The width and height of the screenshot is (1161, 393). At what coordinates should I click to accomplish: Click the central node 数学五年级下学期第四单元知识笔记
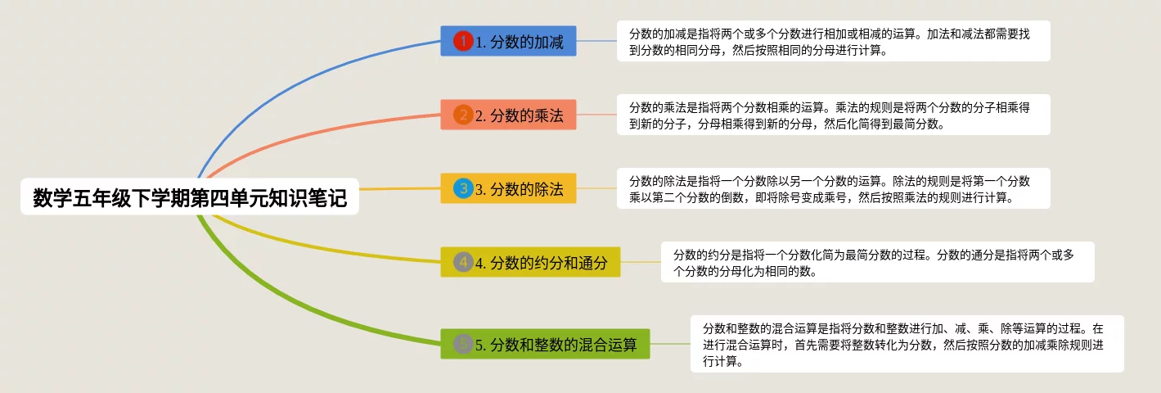click(190, 196)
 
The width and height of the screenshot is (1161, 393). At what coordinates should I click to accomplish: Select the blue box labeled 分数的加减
click(508, 41)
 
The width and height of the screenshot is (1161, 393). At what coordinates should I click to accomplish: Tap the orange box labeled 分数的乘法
click(508, 115)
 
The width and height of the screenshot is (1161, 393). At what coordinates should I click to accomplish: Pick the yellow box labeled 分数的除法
click(508, 188)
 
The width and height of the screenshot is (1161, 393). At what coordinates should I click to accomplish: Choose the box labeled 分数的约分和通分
click(530, 262)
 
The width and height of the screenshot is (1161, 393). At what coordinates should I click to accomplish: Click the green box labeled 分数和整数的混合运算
click(545, 344)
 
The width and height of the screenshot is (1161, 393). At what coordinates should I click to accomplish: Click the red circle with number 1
click(463, 41)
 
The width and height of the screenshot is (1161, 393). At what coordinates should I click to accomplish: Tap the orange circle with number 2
click(463, 115)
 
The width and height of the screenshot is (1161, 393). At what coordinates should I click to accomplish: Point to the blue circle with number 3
click(463, 188)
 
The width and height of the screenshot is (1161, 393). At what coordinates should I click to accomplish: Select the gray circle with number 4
click(463, 262)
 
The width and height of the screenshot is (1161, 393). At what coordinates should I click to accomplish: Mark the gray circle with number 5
click(463, 344)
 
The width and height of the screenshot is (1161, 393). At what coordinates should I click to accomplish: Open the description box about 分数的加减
click(834, 41)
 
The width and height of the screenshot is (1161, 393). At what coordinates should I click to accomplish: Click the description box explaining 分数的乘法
click(834, 115)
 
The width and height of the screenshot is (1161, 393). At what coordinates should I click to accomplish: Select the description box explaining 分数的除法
click(834, 188)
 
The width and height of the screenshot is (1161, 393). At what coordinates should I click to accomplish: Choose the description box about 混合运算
click(907, 344)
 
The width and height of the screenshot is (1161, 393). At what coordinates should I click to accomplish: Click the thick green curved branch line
click(290, 306)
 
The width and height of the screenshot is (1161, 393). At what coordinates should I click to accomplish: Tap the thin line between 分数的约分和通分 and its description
click(641, 262)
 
